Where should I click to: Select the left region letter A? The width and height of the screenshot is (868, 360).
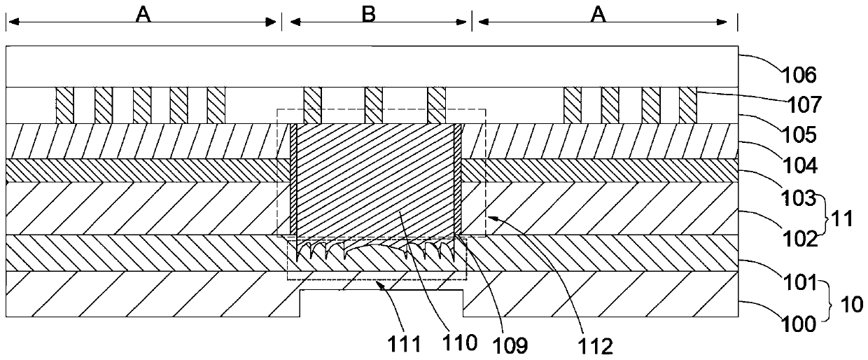click(x=143, y=15)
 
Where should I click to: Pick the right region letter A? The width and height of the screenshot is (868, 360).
click(x=598, y=15)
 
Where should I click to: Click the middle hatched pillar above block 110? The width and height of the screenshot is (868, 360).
click(x=374, y=105)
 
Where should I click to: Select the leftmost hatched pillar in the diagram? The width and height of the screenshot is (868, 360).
click(x=65, y=106)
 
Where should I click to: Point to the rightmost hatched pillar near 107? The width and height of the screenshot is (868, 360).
click(x=688, y=106)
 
